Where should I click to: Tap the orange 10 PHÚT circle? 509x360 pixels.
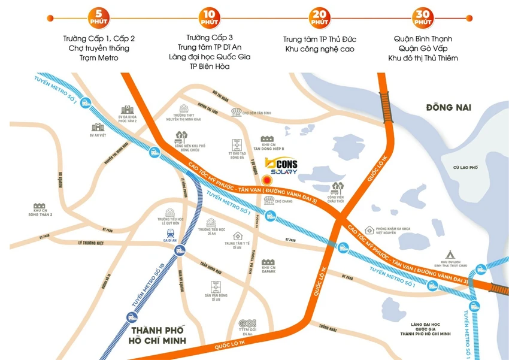coord(210,17)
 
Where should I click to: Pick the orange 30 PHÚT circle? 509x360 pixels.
coord(423,17)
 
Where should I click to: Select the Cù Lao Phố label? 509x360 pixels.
coord(465,168)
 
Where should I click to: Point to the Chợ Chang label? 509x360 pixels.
coord(283,202)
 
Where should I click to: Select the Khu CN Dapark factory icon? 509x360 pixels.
coord(268,263)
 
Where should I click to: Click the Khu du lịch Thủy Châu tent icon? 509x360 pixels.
coord(450,254)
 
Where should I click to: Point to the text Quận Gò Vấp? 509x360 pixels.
coord(423,49)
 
